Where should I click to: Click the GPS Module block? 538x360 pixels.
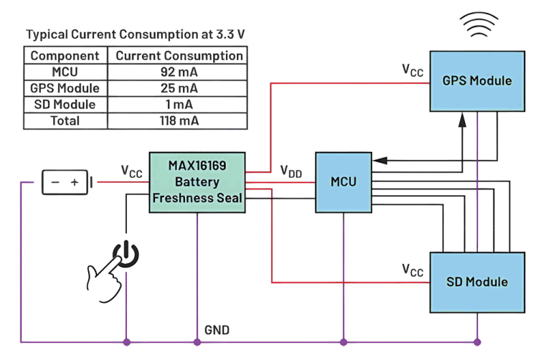coord(477,80)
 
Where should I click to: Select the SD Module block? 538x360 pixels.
coord(477,281)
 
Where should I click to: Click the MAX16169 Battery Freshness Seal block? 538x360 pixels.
coord(197,181)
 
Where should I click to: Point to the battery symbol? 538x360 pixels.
coord(66,182)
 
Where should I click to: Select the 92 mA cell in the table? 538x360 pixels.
coord(179,72)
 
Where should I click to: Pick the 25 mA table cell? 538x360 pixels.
coord(179,88)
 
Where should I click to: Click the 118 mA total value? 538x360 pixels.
coord(179,120)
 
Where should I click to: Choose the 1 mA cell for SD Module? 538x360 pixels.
coord(179,105)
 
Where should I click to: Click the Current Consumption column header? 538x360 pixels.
coord(179,55)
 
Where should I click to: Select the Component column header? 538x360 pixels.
coord(65,55)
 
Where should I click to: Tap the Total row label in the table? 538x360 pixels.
coord(65,120)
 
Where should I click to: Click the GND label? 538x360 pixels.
coord(217,331)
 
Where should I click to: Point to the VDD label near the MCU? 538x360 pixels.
coord(291,172)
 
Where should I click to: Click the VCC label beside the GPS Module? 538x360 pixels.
coord(412,70)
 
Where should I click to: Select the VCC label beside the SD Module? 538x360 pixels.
coord(412,271)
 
